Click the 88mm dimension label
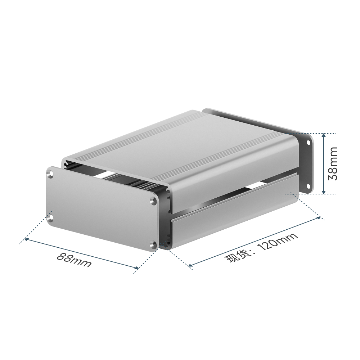(74, 260)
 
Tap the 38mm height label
(333, 163)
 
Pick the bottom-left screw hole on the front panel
(50, 218)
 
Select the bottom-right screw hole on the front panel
(153, 245)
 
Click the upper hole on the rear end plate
(308, 143)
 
